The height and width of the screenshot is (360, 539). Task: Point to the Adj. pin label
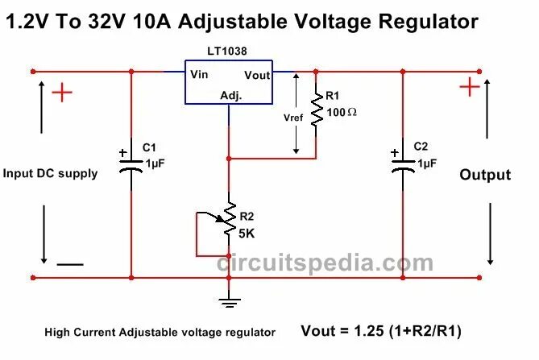231,96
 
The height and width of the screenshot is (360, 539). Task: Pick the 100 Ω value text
342,112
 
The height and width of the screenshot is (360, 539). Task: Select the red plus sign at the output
469,86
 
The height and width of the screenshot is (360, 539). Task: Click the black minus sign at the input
69,263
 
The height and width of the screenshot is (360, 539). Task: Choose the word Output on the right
485,175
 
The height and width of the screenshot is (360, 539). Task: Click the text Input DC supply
50,173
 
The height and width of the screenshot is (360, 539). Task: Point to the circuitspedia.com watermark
325,263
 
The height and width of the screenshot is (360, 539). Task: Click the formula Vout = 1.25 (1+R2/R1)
381,330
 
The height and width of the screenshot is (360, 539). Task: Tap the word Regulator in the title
429,21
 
